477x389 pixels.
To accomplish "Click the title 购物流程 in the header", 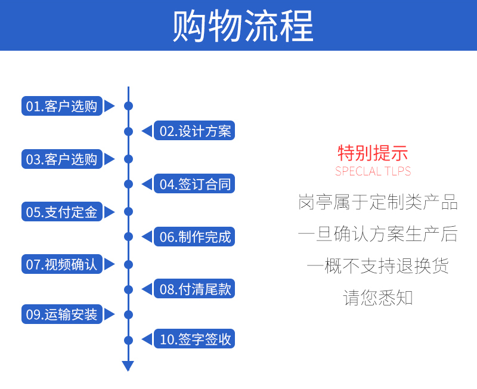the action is (x=243, y=25).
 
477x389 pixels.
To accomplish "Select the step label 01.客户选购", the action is (x=62, y=106).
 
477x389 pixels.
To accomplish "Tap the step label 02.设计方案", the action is (x=194, y=131).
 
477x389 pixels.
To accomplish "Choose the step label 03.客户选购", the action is (x=62, y=159).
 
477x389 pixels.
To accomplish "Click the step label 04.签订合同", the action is (x=194, y=184).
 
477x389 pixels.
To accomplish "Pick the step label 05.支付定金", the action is (x=62, y=212).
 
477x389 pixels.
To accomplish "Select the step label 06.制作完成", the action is (x=194, y=236).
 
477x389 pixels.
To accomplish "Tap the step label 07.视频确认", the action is (x=62, y=264).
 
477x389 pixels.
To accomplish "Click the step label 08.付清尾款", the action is (x=194, y=289).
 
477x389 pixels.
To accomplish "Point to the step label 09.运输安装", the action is (x=62, y=314).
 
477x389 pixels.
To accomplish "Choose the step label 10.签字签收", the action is (x=194, y=339).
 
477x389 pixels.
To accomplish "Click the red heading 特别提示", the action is (x=373, y=153).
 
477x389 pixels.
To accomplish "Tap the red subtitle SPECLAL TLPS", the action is (x=373, y=171).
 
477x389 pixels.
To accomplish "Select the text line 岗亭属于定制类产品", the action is (x=378, y=202).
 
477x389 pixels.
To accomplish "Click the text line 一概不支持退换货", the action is (x=378, y=265).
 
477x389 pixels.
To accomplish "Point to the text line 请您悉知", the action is (x=378, y=297).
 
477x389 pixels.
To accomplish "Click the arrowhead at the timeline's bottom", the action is (x=128, y=366).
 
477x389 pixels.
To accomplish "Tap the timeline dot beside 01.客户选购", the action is (x=128, y=106).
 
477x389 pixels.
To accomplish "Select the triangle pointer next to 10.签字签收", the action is (x=147, y=339).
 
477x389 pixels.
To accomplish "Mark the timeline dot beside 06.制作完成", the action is (x=128, y=236).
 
